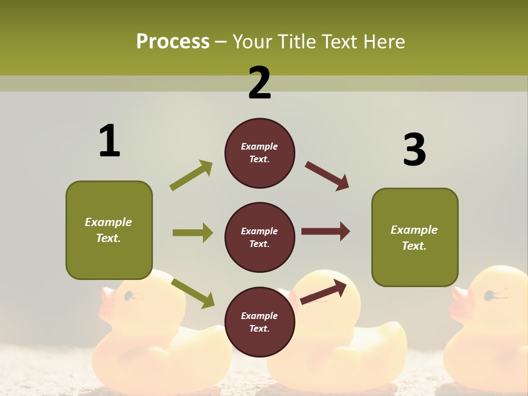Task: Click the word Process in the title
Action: point(173,41)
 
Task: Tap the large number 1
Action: point(109,141)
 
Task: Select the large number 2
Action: point(260,83)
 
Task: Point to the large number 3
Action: point(414,150)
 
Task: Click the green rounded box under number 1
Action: point(109,230)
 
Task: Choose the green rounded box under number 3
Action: point(415,237)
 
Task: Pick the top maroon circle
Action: point(260,153)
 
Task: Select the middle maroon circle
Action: point(260,237)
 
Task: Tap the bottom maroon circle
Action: point(260,322)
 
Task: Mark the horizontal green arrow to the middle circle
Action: point(193,233)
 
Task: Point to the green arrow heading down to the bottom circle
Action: point(193,293)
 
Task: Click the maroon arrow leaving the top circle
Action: point(327,176)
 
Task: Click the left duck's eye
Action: point(128,296)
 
